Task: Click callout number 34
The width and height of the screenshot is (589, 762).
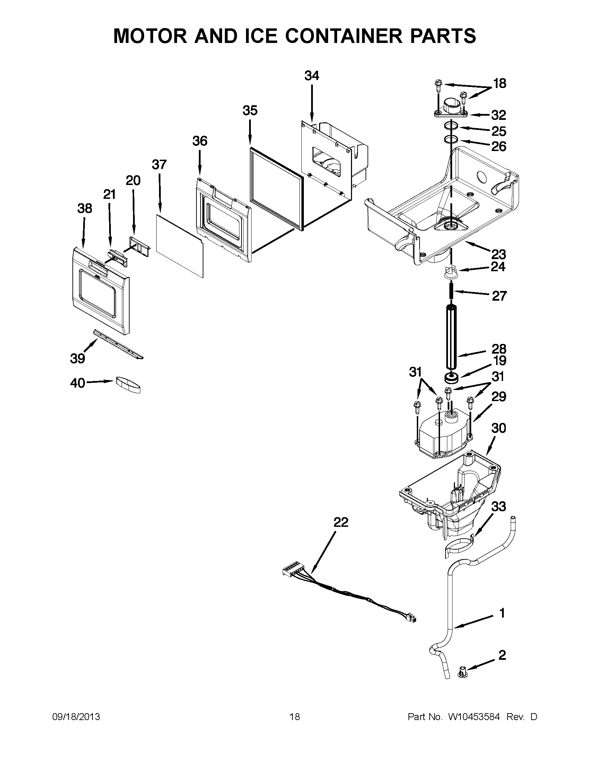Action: click(x=311, y=76)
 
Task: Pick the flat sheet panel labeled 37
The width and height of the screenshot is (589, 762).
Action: click(x=179, y=246)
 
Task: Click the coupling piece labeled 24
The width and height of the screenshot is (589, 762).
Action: click(x=451, y=272)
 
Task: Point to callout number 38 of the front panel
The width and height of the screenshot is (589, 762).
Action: click(x=85, y=208)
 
